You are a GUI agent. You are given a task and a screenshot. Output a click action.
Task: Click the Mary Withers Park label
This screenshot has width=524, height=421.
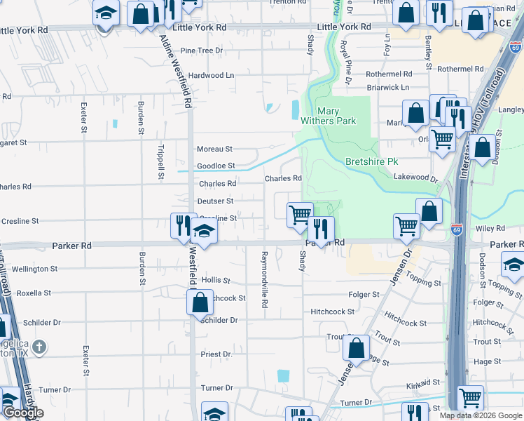(x=328, y=116)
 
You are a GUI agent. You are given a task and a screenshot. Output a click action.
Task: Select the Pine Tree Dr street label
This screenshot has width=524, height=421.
(x=201, y=51)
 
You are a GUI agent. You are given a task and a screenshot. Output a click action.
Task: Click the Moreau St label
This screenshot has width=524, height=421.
(x=214, y=149)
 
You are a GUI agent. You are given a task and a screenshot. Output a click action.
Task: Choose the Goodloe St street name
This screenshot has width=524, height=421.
(x=215, y=166)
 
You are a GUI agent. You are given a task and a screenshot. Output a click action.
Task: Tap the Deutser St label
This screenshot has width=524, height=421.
(x=215, y=201)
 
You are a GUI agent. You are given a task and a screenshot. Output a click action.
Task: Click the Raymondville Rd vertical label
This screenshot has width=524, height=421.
(x=265, y=279)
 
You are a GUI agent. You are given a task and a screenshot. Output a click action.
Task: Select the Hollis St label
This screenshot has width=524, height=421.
(x=216, y=280)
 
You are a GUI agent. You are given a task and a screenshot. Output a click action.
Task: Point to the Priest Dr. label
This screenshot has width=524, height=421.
(x=216, y=354)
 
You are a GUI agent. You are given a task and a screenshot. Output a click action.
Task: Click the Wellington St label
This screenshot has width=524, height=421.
(x=34, y=269)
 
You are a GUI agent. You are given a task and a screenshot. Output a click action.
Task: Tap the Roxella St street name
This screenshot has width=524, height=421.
(x=34, y=293)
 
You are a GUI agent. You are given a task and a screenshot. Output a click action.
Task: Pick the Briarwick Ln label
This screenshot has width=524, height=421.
(x=387, y=88)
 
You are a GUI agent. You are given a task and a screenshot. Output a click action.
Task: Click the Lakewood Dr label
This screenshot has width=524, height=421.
(x=415, y=178)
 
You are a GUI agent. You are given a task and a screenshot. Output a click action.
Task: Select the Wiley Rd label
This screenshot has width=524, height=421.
(x=490, y=229)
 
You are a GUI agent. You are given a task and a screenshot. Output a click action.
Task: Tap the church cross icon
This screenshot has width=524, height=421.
(x=40, y=347)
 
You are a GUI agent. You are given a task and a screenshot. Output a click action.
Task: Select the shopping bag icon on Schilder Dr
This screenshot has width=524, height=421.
(x=200, y=303)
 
